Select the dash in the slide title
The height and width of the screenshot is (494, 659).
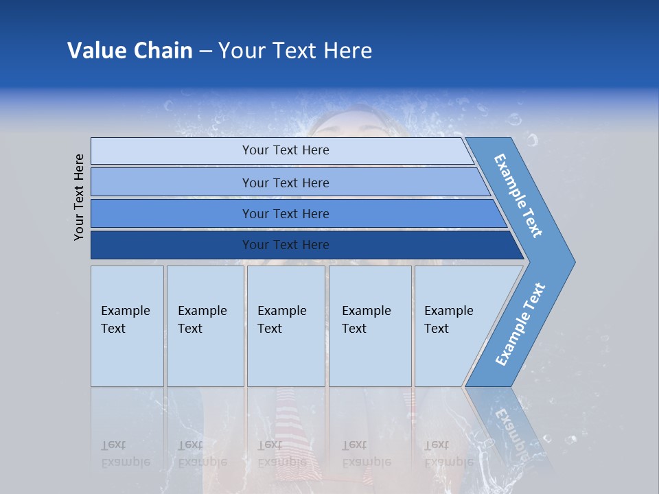pyautogui.click(x=205, y=51)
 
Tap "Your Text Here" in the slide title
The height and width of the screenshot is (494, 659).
pyautogui.click(x=295, y=51)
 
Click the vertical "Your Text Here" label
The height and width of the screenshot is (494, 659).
pyautogui.click(x=79, y=197)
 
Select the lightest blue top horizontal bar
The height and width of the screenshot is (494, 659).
pyautogui.click(x=285, y=150)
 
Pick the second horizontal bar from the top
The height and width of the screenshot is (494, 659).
pyautogui.click(x=285, y=183)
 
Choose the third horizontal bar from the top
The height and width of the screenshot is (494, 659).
pyautogui.click(x=285, y=213)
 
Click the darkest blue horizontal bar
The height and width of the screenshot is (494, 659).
pyautogui.click(x=285, y=245)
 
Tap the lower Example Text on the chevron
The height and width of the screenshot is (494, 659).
pyautogui.click(x=520, y=325)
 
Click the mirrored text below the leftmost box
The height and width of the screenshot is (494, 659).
pyautogui.click(x=125, y=454)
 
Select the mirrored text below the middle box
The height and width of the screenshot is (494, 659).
pyautogui.click(x=281, y=454)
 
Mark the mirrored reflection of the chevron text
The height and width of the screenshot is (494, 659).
pyautogui.click(x=511, y=425)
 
